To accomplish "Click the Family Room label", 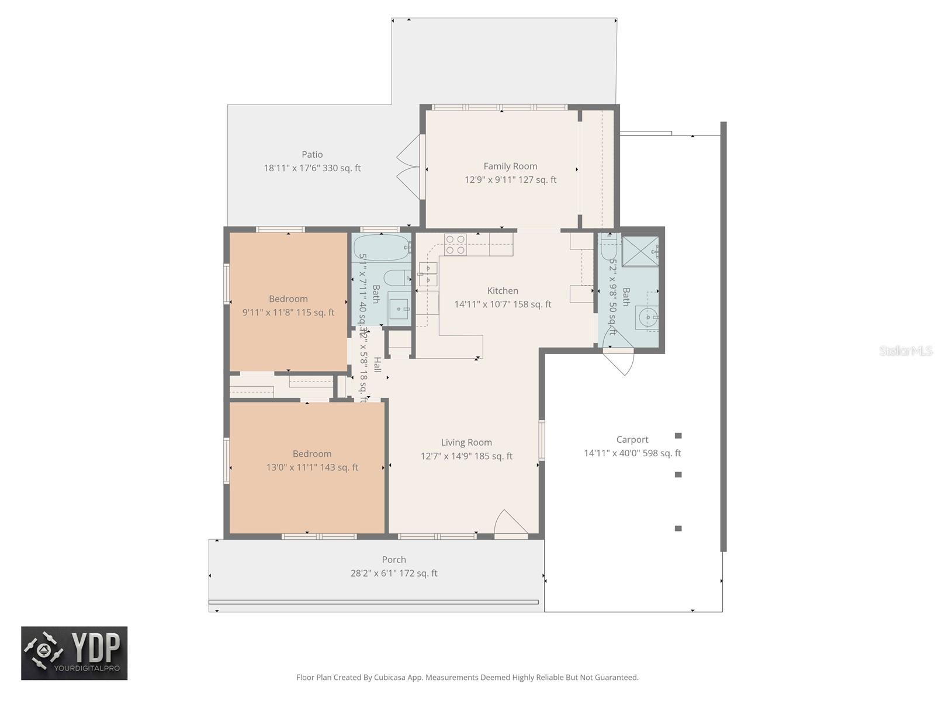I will [x=510, y=166].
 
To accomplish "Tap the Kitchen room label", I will [x=503, y=291].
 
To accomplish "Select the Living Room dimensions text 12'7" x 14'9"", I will [x=466, y=456].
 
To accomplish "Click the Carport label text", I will [x=632, y=440].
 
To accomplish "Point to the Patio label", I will [x=312, y=155].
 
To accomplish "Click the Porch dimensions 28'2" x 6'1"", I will [x=394, y=574].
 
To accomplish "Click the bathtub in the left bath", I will [x=380, y=248].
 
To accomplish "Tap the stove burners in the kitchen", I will [x=455, y=244].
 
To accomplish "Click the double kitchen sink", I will [x=428, y=274].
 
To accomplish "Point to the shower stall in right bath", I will [x=639, y=251].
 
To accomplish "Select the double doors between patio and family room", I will [x=409, y=168].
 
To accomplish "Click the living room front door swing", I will [x=508, y=523].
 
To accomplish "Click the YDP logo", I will [x=74, y=653].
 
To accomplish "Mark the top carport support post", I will [x=678, y=436].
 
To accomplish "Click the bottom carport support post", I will [x=678, y=529].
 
